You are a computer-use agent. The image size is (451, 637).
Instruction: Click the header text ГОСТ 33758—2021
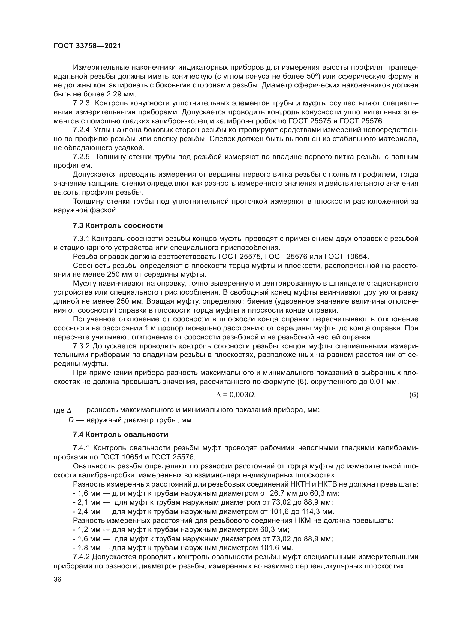[87, 46]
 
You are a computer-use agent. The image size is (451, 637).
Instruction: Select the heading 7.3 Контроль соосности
[118, 225]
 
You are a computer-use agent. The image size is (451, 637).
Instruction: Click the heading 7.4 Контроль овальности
[121, 434]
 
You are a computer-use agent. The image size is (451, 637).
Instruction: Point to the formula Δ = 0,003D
[236, 395]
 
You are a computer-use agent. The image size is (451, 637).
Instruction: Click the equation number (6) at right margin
[414, 395]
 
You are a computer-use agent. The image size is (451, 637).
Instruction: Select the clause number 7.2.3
[81, 103]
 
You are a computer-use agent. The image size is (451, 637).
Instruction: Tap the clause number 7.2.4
[81, 130]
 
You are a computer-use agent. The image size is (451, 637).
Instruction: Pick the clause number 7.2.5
[81, 157]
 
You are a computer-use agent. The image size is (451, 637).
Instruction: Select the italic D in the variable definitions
[71, 420]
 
